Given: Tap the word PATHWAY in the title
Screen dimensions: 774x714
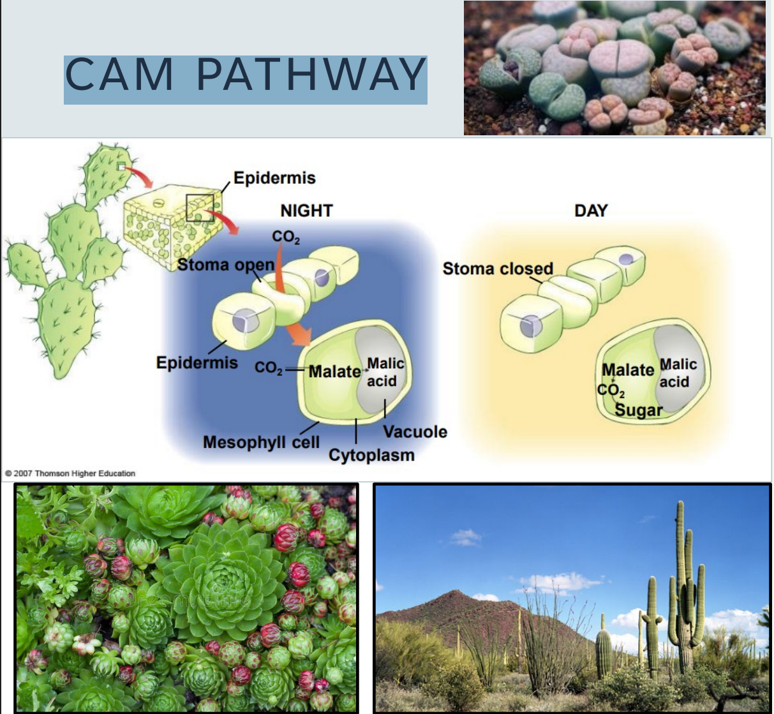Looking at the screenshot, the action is [311, 75].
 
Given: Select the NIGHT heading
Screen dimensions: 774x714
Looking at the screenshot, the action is [306, 211].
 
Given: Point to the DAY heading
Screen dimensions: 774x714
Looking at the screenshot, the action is [591, 211].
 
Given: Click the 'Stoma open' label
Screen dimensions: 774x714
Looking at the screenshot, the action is [225, 265].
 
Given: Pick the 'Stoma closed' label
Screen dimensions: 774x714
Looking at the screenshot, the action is [498, 269].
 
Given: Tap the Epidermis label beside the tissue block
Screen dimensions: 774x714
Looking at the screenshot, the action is [274, 177].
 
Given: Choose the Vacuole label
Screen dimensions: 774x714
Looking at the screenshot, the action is [415, 432].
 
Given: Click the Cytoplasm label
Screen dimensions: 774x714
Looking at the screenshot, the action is [371, 455].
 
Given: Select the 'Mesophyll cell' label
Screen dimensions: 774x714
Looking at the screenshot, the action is [261, 442].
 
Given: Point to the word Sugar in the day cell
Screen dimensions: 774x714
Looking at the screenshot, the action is [639, 410].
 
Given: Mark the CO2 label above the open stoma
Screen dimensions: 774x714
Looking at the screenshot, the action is [285, 237].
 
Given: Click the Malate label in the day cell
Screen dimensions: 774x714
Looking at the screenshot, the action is [628, 370].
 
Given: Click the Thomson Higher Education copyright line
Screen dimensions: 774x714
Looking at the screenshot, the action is [70, 473].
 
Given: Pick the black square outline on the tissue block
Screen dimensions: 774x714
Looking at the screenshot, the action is [200, 208].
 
